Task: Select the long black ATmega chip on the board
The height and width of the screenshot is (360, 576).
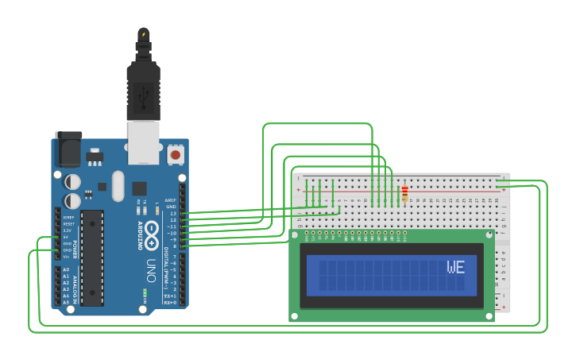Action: (92, 257)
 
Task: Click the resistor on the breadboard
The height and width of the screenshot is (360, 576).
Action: (404, 193)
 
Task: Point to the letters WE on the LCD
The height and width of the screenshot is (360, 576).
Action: (455, 268)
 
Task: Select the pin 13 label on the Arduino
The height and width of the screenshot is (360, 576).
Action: (172, 214)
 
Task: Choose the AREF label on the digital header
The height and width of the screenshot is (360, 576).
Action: (170, 200)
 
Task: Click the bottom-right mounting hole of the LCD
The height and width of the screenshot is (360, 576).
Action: (488, 315)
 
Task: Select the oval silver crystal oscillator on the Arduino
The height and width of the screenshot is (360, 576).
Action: (118, 186)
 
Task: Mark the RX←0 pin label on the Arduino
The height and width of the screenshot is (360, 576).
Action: (169, 303)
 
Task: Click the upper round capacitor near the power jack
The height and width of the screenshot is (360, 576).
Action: (72, 182)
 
